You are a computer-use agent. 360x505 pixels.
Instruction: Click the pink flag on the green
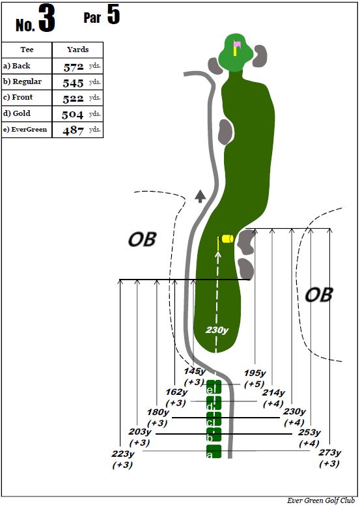pos(238,44)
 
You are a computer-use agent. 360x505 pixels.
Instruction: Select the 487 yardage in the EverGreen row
pos(74,130)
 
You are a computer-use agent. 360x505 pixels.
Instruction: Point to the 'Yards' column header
pos(78,50)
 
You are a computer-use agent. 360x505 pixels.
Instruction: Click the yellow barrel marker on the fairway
pos(227,238)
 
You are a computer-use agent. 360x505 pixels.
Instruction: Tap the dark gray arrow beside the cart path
pos(200,196)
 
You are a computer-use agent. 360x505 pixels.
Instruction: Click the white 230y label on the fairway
pos(217,330)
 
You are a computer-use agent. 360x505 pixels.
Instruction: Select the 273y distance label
pos(330,452)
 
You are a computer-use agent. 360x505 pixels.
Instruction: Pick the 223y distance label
pos(123,454)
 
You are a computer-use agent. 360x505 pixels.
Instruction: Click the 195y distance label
pos(255,373)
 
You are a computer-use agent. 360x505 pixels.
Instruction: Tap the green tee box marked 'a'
pos(214,451)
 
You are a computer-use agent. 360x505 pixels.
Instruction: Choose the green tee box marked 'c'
pos(214,419)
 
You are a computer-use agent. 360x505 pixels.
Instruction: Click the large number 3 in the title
pos(47,19)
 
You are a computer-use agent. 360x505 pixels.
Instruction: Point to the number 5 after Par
pos(113,14)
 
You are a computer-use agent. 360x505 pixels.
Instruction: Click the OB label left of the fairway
pos(142,239)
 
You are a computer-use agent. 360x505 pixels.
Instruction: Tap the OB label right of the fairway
pos(318,295)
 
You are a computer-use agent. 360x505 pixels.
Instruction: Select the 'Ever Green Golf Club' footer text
pos(321,500)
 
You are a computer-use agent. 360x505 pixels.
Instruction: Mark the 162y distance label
pos(176,392)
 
